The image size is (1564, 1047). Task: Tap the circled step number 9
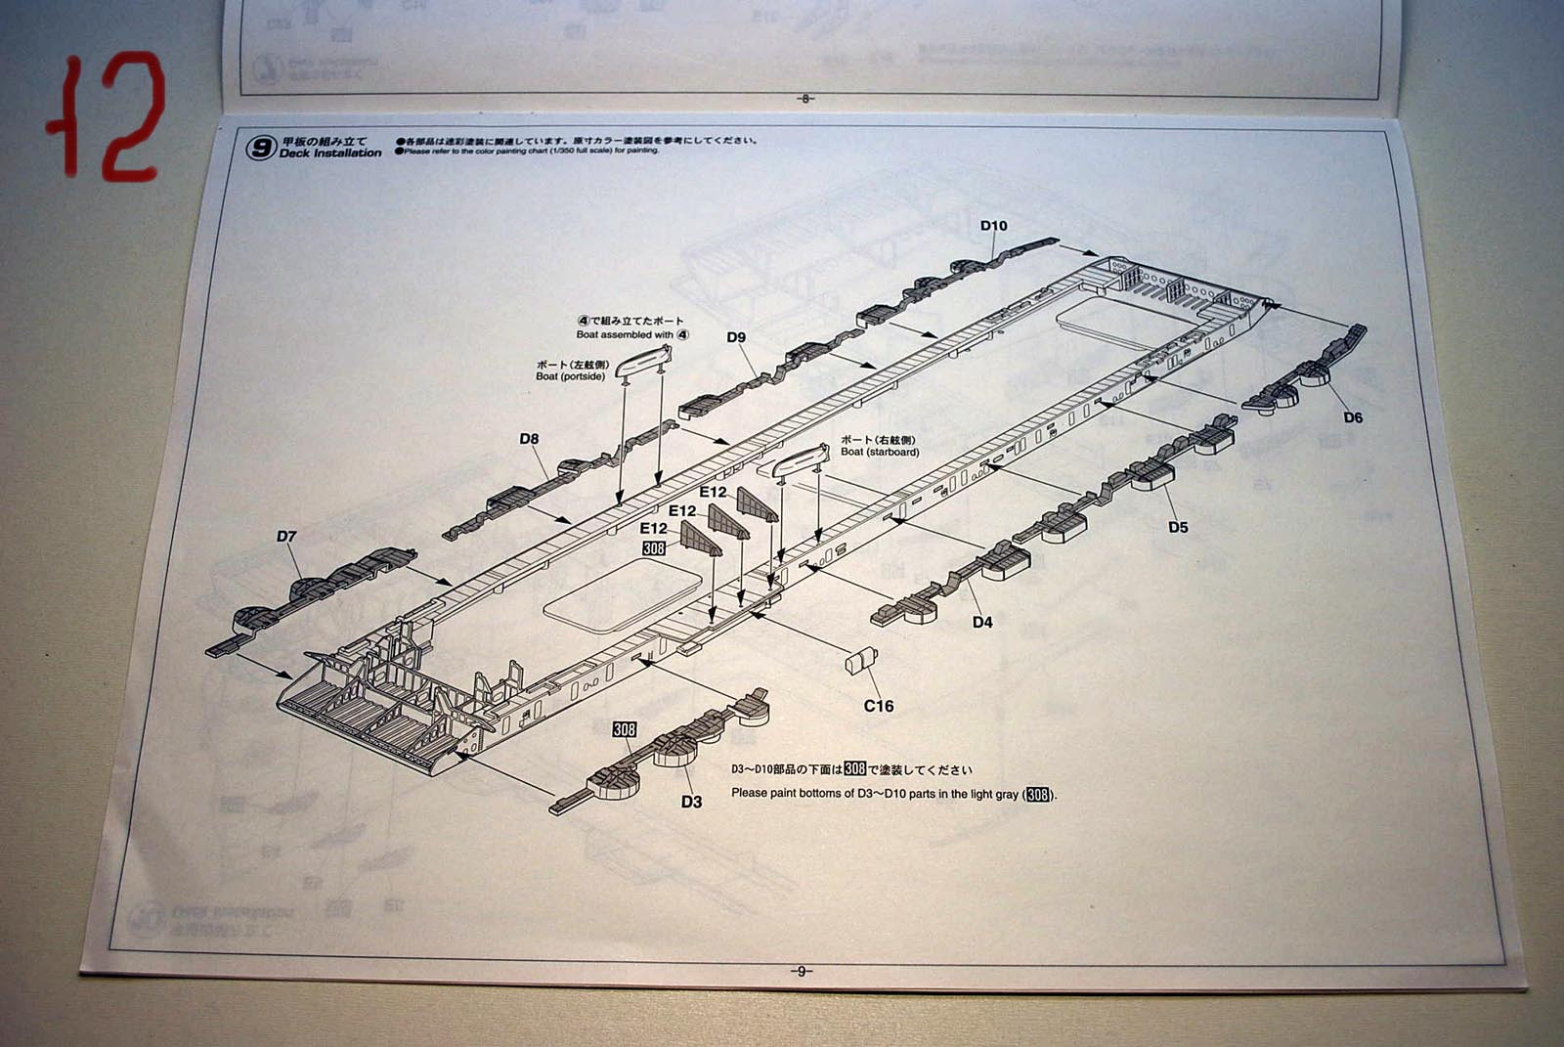[261, 148]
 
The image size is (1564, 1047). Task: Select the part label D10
[993, 226]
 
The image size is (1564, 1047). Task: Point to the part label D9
[736, 337]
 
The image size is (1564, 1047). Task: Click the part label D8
[529, 439]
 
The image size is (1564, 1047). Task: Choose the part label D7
[286, 536]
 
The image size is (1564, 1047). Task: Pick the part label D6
[1352, 417]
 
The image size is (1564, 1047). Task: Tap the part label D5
[1178, 527]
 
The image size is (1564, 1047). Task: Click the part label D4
[982, 622]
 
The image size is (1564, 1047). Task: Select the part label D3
[691, 802]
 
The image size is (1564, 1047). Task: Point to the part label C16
[878, 706]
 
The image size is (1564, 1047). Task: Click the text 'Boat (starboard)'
[880, 452]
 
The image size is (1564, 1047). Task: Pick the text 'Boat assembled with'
[626, 334]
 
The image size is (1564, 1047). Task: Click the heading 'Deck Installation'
[330, 153]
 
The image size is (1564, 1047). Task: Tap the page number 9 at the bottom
[801, 971]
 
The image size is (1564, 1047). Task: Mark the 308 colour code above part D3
[624, 729]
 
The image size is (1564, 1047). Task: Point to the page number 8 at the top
[805, 98]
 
